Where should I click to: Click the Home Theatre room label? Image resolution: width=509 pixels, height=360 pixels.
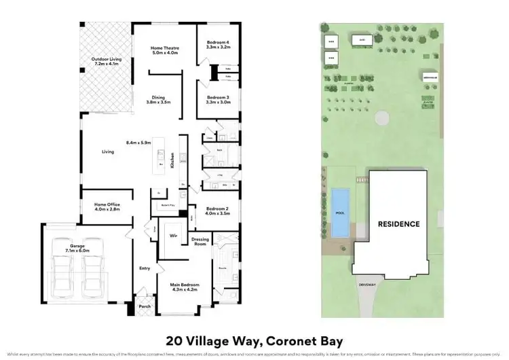coord(166,50)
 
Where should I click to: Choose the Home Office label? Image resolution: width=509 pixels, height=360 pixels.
coord(106,206)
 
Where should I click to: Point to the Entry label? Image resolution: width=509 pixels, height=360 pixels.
coord(144,268)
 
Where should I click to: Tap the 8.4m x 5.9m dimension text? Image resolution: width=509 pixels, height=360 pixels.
coord(140,143)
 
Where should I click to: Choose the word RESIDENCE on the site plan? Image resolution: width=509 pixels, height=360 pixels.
coord(398,223)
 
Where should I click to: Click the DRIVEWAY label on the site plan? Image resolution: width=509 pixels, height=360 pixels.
coord(367,286)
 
